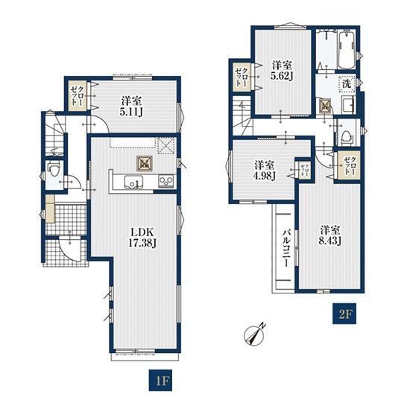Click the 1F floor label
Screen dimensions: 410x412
point(160,381)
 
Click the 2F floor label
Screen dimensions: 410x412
point(344,314)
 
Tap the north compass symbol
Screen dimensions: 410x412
point(254,334)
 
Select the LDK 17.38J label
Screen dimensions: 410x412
point(142,237)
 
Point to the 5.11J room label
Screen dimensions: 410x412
point(131,107)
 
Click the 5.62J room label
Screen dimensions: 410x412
point(282,71)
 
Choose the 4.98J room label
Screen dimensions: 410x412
point(265,171)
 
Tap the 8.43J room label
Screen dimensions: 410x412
point(330,235)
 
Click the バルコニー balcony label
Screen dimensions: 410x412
point(286,248)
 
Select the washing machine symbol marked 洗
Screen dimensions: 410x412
point(347,84)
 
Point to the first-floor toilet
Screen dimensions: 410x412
point(54,169)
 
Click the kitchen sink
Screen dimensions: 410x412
point(133,182)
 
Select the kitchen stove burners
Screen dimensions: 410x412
point(166,181)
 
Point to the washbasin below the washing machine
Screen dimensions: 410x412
point(348,104)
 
